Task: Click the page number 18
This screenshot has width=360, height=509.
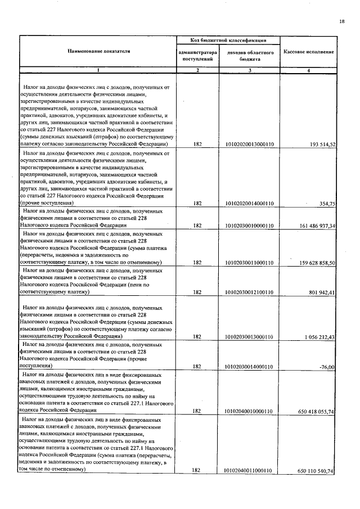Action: [x=341, y=21]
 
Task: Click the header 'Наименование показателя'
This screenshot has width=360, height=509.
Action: [x=99, y=51]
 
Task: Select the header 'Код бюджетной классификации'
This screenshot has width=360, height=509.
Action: [x=228, y=40]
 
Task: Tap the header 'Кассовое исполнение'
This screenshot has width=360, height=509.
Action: [x=309, y=52]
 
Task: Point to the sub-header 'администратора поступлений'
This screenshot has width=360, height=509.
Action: [x=197, y=55]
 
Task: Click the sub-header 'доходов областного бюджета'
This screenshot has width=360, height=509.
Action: [x=250, y=55]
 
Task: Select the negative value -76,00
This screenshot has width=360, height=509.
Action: [x=327, y=367]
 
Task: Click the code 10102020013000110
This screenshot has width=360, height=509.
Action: [x=249, y=145]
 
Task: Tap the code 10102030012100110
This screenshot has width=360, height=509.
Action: [x=249, y=292]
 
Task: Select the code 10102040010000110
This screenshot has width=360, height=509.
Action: [x=249, y=411]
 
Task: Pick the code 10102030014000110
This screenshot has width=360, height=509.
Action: [x=249, y=367]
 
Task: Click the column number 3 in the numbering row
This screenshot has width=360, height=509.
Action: [x=250, y=70]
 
